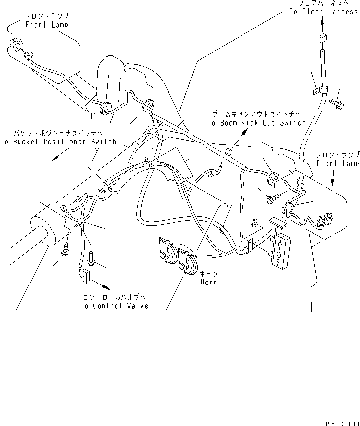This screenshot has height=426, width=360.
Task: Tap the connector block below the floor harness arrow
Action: click(321, 40)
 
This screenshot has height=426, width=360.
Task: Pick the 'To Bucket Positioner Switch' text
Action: click(58, 142)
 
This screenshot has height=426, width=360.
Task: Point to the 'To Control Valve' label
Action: click(114, 305)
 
